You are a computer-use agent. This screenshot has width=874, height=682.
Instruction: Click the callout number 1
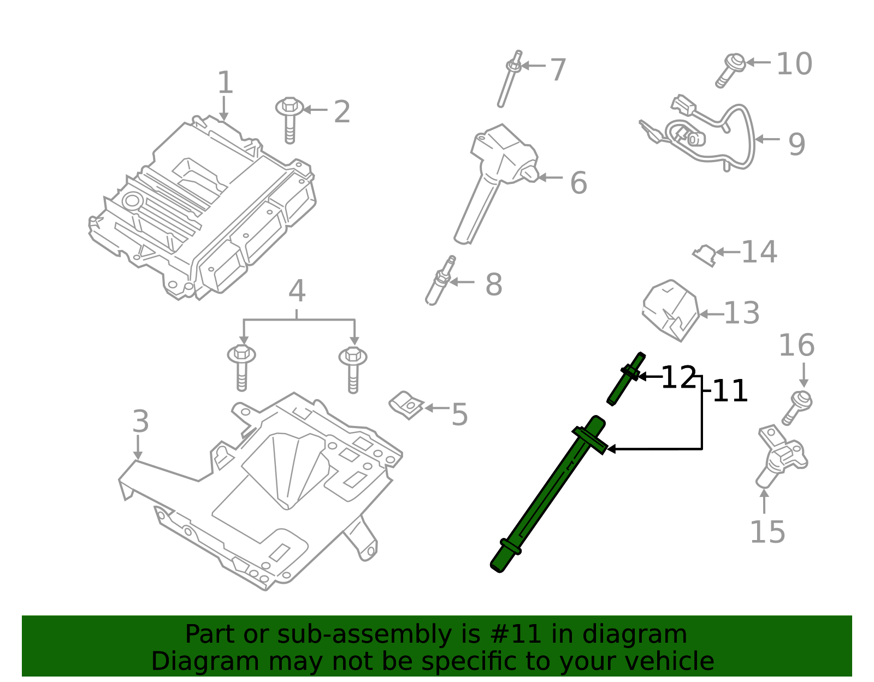[x=225, y=83]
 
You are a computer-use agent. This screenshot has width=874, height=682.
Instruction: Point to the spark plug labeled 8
[x=440, y=281]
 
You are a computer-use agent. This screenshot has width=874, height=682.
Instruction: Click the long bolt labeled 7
[x=508, y=79]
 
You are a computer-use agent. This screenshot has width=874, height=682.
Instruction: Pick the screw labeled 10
[x=730, y=70]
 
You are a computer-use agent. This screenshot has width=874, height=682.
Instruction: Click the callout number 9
[x=796, y=144]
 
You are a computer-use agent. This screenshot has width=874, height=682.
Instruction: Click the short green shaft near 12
[x=625, y=379]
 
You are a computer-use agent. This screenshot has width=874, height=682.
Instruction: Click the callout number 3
[x=140, y=422]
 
